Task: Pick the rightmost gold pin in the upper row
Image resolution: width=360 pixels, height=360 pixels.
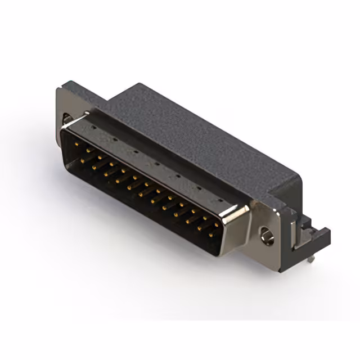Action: (217, 224)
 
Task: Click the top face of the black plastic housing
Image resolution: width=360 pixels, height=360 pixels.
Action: (191, 129)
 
